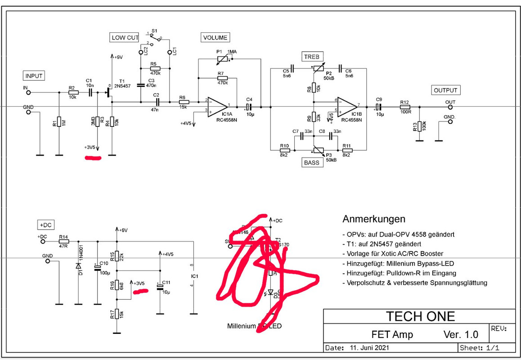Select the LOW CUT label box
tap(124, 37)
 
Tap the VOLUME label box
tap(215, 37)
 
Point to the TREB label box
tap(311, 57)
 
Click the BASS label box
tap(312, 162)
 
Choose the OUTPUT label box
tap(445, 90)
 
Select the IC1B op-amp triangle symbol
tap(348, 107)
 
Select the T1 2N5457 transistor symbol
tap(110, 93)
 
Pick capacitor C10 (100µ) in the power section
tap(97, 268)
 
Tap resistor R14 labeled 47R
tap(63, 241)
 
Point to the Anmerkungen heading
tap(374, 219)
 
